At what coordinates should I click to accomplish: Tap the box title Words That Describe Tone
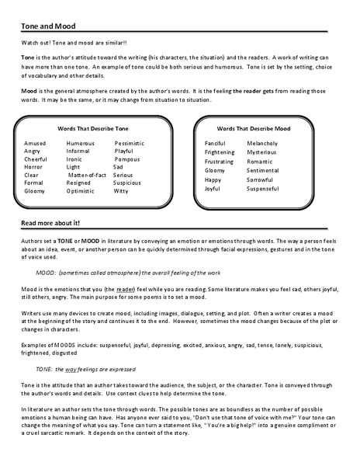(x=94, y=127)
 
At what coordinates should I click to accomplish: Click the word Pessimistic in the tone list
(x=130, y=144)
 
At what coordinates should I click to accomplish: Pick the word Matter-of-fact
(x=88, y=176)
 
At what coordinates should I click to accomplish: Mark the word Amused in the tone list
(x=35, y=144)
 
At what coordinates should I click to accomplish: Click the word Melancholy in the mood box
(x=265, y=144)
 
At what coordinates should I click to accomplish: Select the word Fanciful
(x=215, y=144)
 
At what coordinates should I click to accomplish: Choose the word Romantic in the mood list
(x=261, y=161)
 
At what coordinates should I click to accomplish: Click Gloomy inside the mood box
(x=215, y=170)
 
